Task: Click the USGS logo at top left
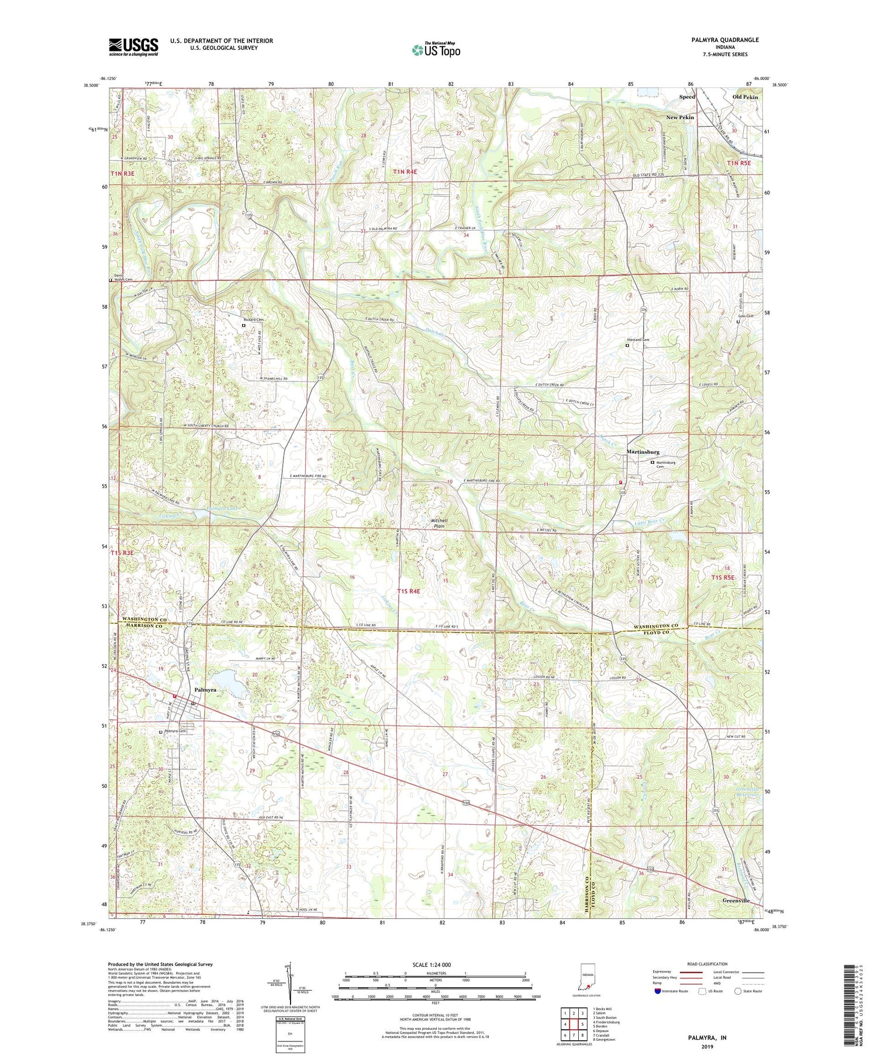(x=133, y=47)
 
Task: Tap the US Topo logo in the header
(x=436, y=50)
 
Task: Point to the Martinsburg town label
(x=643, y=452)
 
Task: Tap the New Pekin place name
(x=680, y=117)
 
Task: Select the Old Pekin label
(x=745, y=97)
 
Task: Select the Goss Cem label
(x=745, y=316)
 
